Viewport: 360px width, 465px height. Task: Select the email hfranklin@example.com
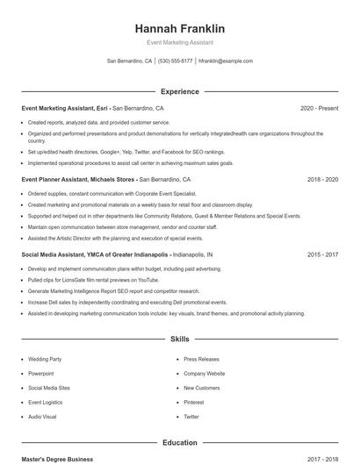pyautogui.click(x=226, y=61)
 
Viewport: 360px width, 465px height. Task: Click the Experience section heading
pyautogui.click(x=179, y=91)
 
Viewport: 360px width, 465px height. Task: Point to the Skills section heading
pyautogui.click(x=179, y=338)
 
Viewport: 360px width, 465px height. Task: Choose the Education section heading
pyautogui.click(x=179, y=443)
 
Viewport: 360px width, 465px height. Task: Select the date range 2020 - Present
pyautogui.click(x=319, y=108)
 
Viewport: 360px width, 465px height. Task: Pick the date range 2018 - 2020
pyautogui.click(x=322, y=179)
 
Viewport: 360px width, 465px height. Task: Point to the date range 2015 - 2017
pyautogui.click(x=322, y=254)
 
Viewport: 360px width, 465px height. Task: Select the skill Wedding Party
pyautogui.click(x=46, y=359)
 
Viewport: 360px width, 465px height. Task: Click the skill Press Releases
pyautogui.click(x=201, y=359)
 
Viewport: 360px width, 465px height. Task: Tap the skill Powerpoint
pyautogui.click(x=42, y=373)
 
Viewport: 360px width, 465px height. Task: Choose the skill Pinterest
pyautogui.click(x=195, y=402)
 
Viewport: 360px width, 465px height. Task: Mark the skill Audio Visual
pyautogui.click(x=42, y=416)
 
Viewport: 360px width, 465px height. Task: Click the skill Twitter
pyautogui.click(x=191, y=416)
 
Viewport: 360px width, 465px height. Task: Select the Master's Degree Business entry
pyautogui.click(x=57, y=459)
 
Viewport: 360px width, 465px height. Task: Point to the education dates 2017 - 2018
pyautogui.click(x=322, y=459)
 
